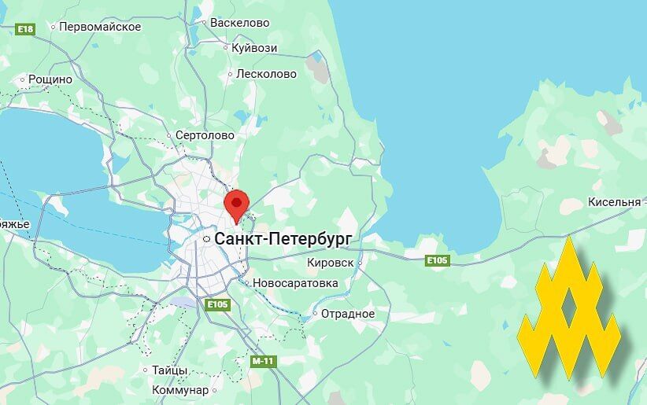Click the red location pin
point(236,203)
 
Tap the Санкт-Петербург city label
point(283,237)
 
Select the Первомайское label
point(101,27)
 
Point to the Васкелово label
point(240,23)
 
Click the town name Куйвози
point(254,48)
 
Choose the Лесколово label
point(267,74)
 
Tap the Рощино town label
point(50,79)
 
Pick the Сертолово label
point(205,135)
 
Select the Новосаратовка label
point(295,283)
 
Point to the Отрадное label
point(348,314)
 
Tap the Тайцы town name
point(170,370)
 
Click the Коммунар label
point(180,390)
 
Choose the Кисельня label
point(614,202)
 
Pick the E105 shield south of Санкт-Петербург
point(217,304)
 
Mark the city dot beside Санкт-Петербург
point(206,238)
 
